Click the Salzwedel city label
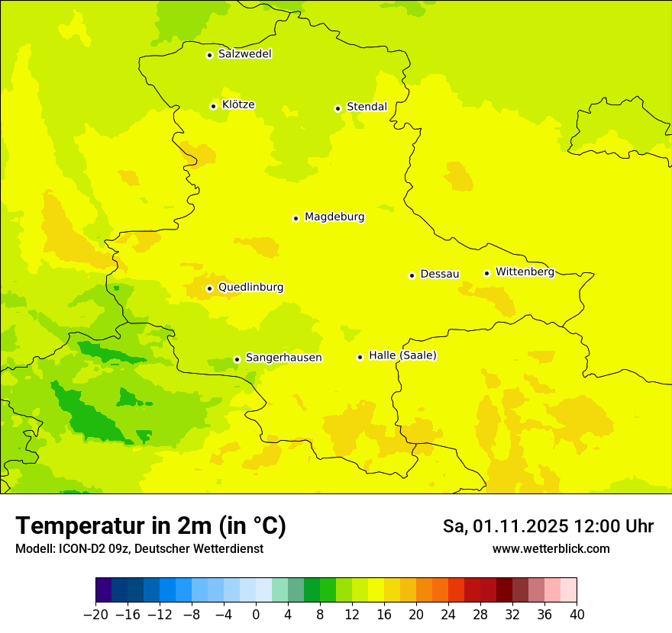[244, 54]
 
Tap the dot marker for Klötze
[213, 106]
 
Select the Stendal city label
[367, 107]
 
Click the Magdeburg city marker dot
[296, 218]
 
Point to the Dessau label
[440, 274]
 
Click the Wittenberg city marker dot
[486, 273]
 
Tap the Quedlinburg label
[250, 288]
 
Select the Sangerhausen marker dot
[237, 359]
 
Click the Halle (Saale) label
[402, 355]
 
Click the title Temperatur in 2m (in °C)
[150, 525]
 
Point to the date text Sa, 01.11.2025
[505, 526]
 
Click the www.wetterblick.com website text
[551, 548]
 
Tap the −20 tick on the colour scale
[95, 614]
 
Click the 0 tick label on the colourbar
[256, 614]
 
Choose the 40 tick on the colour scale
[577, 614]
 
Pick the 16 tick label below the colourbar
[384, 614]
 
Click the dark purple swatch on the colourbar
[103, 590]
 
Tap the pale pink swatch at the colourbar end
[569, 590]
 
